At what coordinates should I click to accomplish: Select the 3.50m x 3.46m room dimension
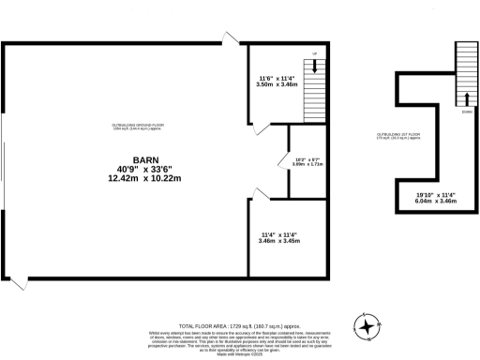(277, 84)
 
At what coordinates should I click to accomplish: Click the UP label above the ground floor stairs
(315, 53)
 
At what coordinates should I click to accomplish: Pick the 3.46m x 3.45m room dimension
(278, 242)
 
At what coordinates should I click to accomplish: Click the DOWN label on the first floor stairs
(466, 111)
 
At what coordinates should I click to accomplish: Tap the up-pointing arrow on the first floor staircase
(467, 97)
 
